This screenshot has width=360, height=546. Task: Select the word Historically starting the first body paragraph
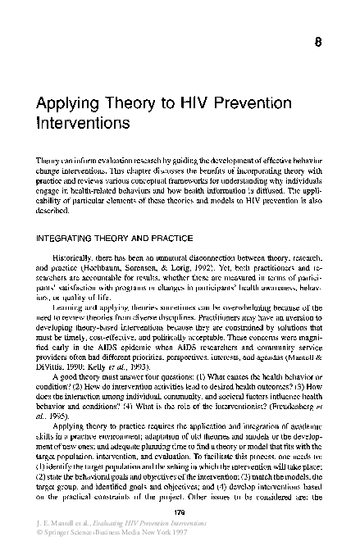point(75,234)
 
